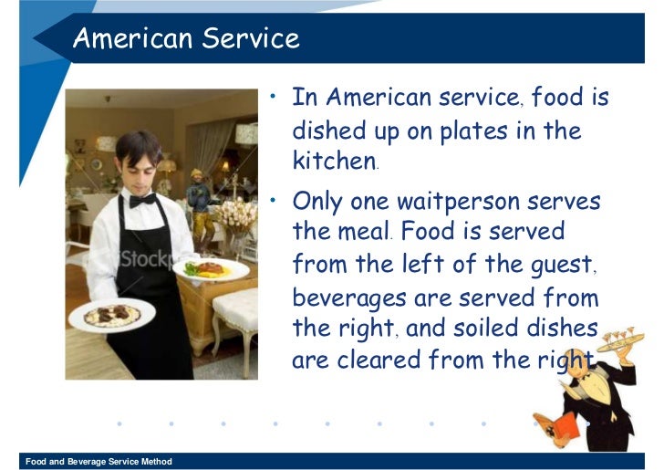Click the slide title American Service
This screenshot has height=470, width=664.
pyautogui.click(x=185, y=38)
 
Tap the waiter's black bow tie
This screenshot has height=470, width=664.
pyautogui.click(x=141, y=199)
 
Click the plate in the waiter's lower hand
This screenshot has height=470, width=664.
pyautogui.click(x=111, y=315)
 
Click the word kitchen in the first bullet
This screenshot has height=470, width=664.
pyautogui.click(x=333, y=162)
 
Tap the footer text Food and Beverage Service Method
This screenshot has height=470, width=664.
pyautogui.click(x=99, y=462)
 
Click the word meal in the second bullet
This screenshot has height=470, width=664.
pyautogui.click(x=364, y=232)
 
